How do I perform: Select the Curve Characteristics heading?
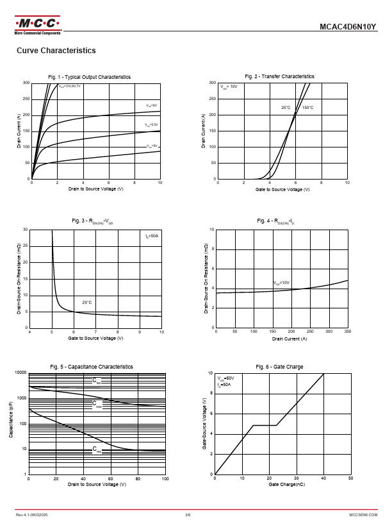tap(56, 51)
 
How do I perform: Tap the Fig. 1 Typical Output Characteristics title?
tap(90, 77)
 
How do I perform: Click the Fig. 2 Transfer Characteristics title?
tap(279, 76)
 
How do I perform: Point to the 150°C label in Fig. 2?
tap(307, 108)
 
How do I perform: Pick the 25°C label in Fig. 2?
tap(286, 108)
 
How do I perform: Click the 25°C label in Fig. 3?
tap(87, 302)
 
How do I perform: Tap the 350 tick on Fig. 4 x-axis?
tap(348, 332)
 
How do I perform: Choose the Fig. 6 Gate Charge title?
tap(279, 367)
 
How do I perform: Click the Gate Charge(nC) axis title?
tap(282, 485)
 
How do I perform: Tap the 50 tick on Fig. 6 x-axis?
tap(350, 478)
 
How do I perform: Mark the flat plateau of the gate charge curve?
tap(265, 425)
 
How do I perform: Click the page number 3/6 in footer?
tap(188, 515)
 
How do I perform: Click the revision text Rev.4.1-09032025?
tap(32, 515)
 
